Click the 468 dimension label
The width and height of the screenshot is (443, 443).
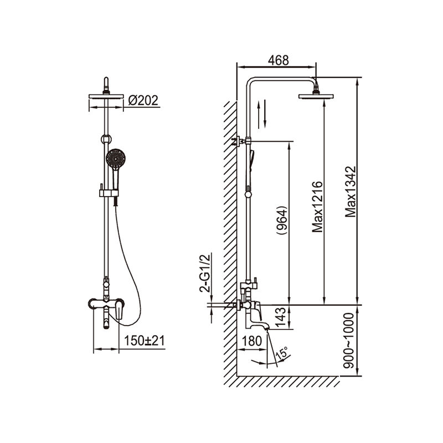pyautogui.click(x=279, y=60)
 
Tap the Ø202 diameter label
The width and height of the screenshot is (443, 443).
pyautogui.click(x=143, y=101)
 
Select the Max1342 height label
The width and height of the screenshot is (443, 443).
pyautogui.click(x=351, y=192)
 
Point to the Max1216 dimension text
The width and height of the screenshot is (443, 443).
pyautogui.click(x=317, y=207)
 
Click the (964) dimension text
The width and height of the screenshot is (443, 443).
pyautogui.click(x=282, y=220)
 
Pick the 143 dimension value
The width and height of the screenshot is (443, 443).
pyautogui.click(x=281, y=317)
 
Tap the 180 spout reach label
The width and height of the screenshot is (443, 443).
pyautogui.click(x=252, y=341)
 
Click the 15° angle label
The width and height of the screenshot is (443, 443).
pyautogui.click(x=282, y=353)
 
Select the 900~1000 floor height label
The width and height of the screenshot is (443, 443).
pyautogui.click(x=348, y=341)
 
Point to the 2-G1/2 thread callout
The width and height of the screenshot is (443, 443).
pyautogui.click(x=205, y=273)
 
